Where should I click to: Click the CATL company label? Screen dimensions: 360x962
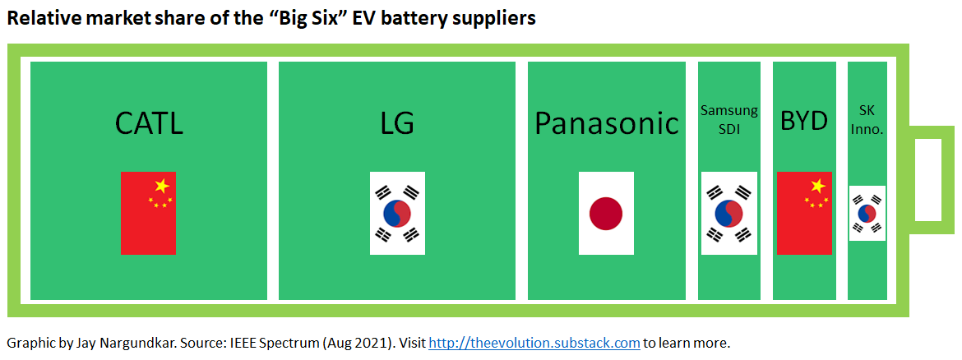click(x=149, y=123)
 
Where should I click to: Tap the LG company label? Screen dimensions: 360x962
click(x=397, y=123)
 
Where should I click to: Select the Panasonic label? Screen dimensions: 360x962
click(x=607, y=123)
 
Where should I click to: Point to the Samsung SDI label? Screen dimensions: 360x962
click(x=728, y=119)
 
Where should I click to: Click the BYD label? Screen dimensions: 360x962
click(x=803, y=122)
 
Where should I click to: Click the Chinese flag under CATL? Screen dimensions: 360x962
click(x=148, y=213)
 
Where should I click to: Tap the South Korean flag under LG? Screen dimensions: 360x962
click(x=397, y=213)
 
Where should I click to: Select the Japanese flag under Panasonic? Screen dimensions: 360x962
click(x=606, y=213)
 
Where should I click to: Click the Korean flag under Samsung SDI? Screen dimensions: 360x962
click(x=728, y=213)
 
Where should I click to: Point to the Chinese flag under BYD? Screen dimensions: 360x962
click(x=804, y=213)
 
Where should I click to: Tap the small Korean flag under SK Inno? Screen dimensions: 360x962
click(x=867, y=213)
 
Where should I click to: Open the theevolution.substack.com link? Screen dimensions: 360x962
click(x=534, y=343)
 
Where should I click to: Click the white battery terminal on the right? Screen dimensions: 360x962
click(x=927, y=179)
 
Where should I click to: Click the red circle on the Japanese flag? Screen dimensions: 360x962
click(x=606, y=214)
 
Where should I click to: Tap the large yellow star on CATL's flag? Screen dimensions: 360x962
click(x=162, y=185)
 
